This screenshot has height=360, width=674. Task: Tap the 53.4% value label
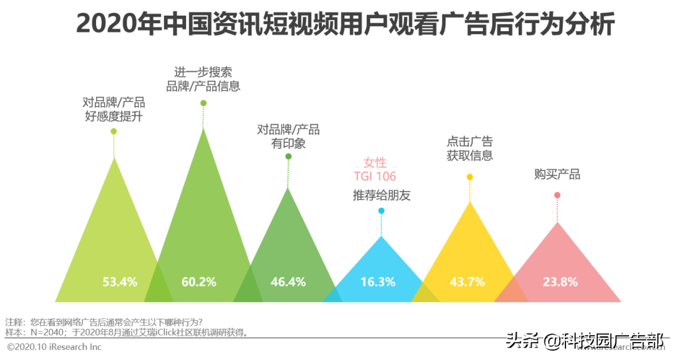click(120, 282)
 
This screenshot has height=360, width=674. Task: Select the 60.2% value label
click(199, 282)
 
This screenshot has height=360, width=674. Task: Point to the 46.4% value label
click(288, 282)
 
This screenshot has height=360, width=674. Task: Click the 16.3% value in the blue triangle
click(378, 282)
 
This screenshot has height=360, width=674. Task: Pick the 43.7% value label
click(467, 282)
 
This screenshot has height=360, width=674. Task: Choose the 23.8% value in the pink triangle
click(560, 282)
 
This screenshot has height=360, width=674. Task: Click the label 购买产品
click(557, 174)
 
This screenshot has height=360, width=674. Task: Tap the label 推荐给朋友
click(381, 195)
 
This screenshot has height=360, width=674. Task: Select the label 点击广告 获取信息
click(470, 148)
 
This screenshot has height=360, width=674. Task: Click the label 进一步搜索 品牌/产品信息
click(203, 79)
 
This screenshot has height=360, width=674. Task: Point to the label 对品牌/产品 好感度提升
click(114, 109)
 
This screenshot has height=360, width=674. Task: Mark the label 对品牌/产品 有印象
click(288, 136)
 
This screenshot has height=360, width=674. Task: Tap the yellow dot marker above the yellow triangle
click(470, 177)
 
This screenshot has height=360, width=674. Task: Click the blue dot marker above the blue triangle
click(381, 211)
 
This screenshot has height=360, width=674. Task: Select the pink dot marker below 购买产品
click(557, 195)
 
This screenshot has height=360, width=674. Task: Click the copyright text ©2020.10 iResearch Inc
click(54, 346)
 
